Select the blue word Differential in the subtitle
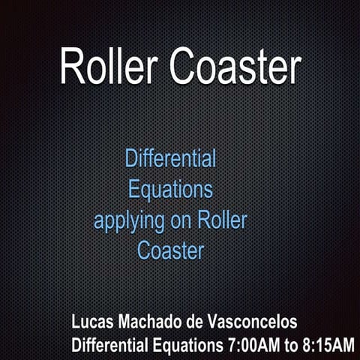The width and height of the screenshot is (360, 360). (170, 159)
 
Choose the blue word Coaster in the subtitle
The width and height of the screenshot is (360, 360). (170, 250)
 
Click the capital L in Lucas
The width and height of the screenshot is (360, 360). (76, 322)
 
